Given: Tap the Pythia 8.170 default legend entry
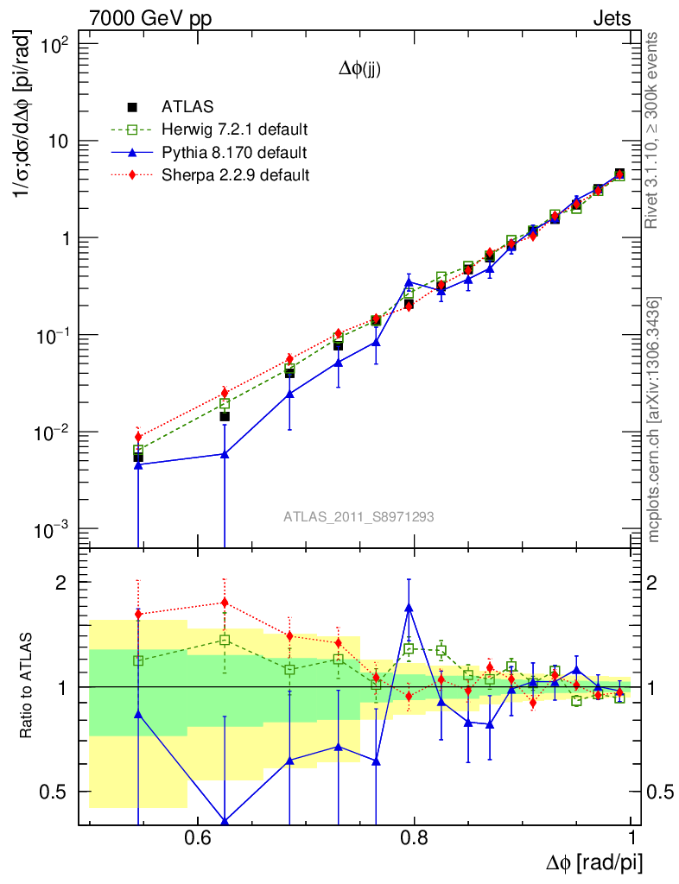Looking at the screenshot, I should (233, 153).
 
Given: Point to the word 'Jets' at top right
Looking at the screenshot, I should (611, 18).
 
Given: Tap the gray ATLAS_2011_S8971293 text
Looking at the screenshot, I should (359, 517).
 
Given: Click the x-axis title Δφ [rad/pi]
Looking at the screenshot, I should (594, 862).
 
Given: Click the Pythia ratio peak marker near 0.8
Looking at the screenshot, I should (409, 607).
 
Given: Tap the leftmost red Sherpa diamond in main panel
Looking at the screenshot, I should (137, 437).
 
